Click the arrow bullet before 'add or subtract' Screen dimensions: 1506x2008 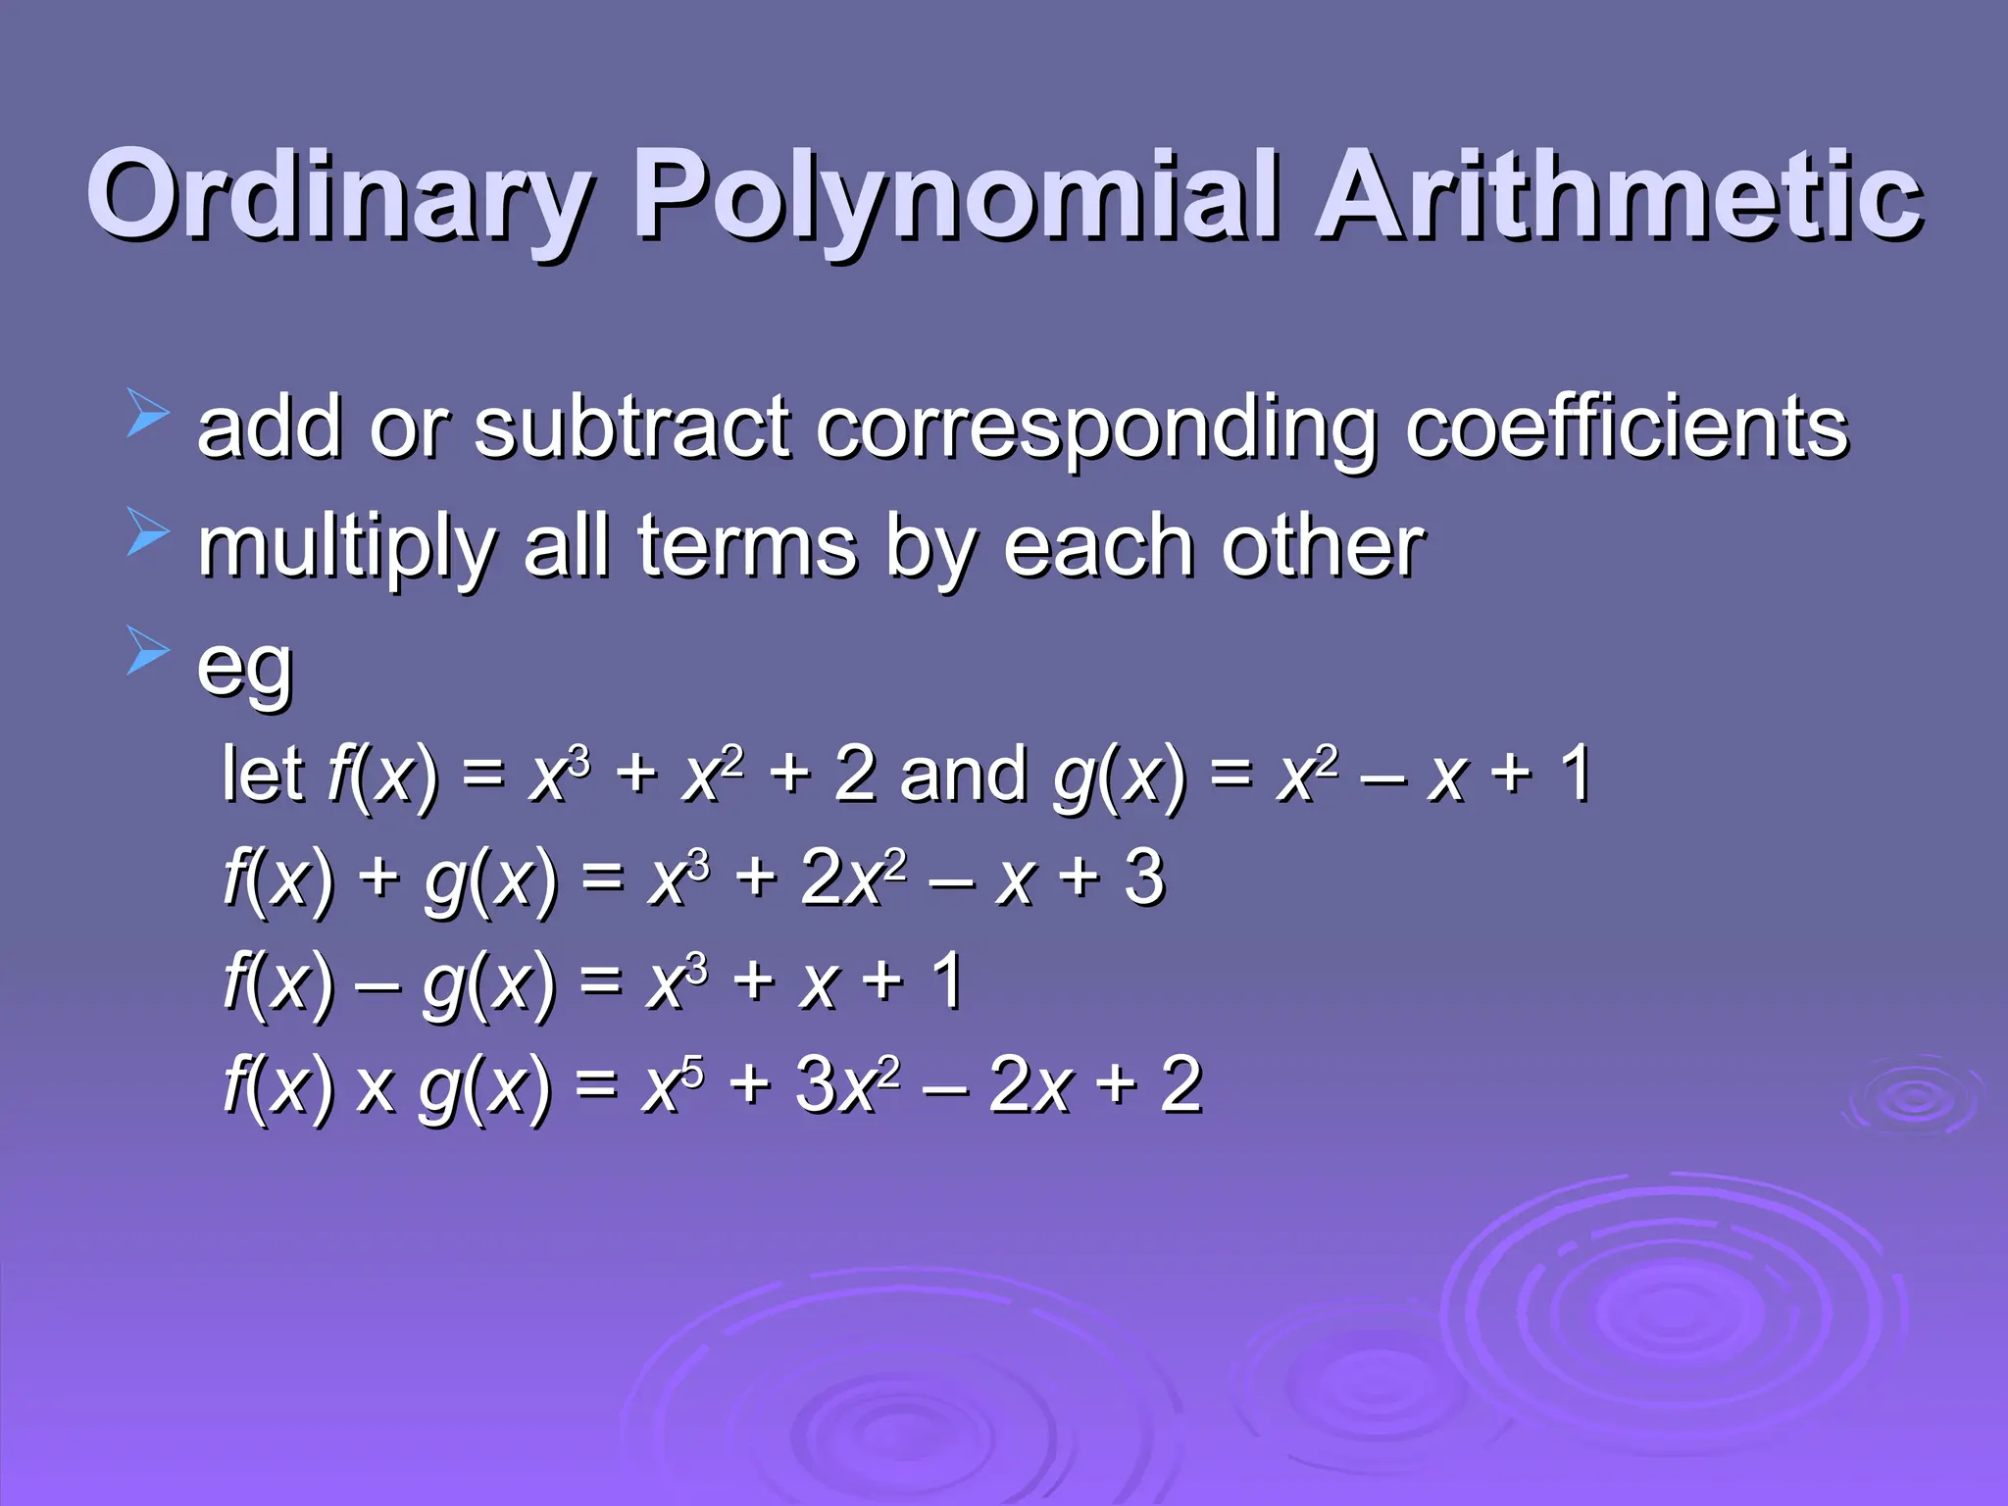[148, 413]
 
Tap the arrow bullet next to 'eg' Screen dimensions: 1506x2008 [148, 652]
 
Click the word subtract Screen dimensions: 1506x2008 [632, 427]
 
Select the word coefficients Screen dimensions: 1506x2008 [1627, 427]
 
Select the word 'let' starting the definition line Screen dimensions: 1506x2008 [263, 774]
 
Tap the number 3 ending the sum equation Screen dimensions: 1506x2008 [1144, 878]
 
